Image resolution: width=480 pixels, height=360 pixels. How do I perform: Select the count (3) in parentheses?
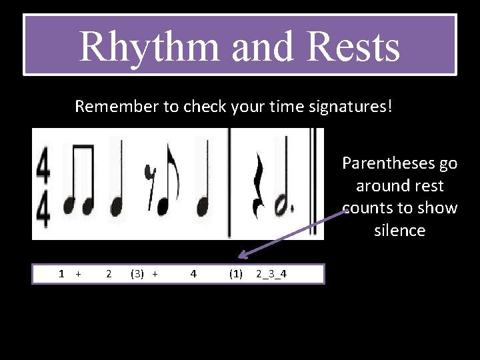[x=137, y=273]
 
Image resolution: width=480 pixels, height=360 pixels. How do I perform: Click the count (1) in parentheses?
[x=235, y=273]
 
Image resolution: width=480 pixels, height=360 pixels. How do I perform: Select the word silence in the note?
[x=399, y=231]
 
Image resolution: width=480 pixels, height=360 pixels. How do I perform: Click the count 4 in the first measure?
[x=193, y=273]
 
